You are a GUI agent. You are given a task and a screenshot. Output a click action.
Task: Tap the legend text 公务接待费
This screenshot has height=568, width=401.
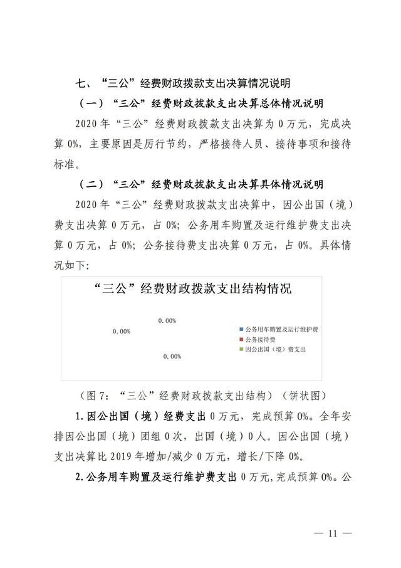(260, 339)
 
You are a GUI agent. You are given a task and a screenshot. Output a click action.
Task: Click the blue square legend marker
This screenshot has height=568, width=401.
(241, 329)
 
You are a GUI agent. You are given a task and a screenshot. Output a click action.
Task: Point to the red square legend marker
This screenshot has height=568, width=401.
(241, 339)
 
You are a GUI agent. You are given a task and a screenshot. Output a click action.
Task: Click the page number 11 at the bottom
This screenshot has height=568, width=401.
(332, 534)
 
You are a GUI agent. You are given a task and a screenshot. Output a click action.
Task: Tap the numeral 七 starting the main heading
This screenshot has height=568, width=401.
(80, 83)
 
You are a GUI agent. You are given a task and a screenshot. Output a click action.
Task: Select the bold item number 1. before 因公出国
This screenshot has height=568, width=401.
(79, 416)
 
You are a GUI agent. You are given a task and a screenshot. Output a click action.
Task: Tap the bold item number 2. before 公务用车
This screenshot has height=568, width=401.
(79, 476)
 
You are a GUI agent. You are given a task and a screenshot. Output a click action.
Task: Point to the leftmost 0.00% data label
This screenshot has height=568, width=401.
(122, 331)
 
